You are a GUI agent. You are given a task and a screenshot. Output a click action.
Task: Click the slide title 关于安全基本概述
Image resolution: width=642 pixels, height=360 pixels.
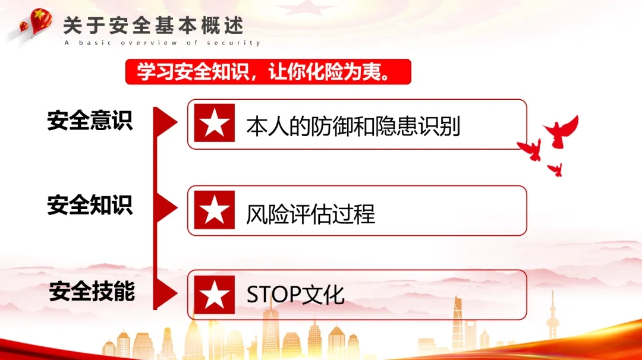point(153,26)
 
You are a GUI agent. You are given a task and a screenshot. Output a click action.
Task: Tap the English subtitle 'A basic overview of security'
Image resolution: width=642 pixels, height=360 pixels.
point(162,43)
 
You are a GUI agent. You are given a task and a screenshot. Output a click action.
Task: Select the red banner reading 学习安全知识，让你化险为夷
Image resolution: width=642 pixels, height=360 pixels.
point(268,72)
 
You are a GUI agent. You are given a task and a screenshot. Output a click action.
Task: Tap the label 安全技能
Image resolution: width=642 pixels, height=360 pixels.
point(92,291)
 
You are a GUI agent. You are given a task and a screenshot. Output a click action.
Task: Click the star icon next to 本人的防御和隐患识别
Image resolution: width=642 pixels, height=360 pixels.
point(215,123)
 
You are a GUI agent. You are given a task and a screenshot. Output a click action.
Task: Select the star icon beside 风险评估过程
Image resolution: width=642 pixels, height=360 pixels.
point(215,210)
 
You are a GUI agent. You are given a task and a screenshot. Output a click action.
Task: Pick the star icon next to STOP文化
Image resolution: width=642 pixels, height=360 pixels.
point(215,295)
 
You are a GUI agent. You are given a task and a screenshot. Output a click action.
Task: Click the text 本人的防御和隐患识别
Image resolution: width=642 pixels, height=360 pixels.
point(353,126)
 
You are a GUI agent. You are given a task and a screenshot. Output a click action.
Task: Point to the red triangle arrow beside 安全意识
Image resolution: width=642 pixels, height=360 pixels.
point(165,122)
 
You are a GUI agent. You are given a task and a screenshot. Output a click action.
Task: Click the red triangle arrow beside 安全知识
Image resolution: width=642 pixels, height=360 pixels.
point(165,208)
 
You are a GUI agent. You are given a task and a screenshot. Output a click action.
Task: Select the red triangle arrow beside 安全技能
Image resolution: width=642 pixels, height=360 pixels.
point(165,293)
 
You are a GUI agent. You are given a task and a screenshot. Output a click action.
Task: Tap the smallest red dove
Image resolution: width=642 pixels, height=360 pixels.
point(556,169)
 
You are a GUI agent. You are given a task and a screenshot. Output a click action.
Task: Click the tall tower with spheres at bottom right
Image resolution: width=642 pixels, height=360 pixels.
point(552,315)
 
